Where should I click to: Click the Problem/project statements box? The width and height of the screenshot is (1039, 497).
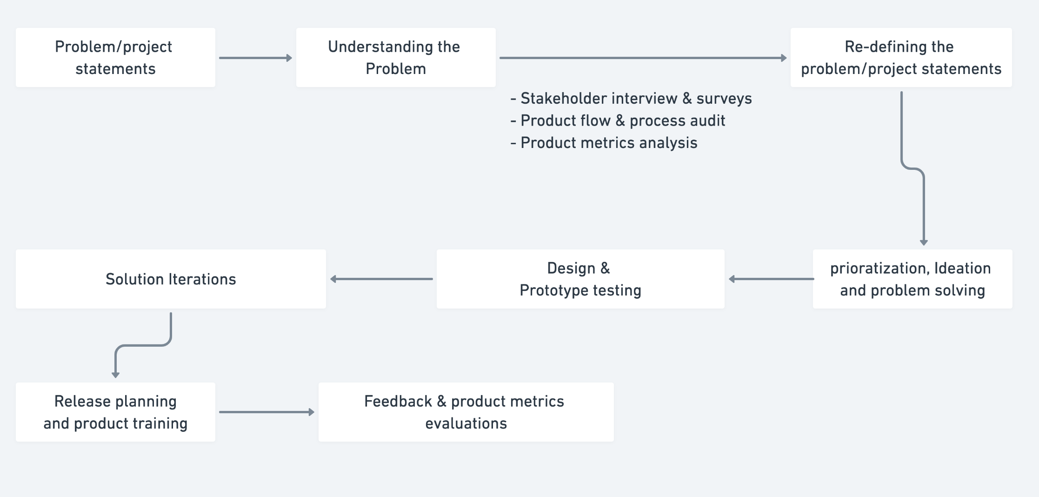pyautogui.click(x=115, y=57)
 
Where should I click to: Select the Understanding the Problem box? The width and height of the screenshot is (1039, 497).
pyautogui.click(x=396, y=57)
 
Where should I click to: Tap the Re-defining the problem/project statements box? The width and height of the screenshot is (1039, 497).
pyautogui.click(x=901, y=57)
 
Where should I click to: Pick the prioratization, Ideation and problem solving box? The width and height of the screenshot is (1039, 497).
pyautogui.click(x=912, y=279)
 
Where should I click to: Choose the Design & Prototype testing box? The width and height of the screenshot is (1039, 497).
pyautogui.click(x=580, y=279)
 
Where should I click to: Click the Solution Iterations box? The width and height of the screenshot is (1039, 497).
pyautogui.click(x=171, y=279)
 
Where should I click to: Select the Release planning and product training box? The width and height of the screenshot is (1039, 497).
pyautogui.click(x=115, y=412)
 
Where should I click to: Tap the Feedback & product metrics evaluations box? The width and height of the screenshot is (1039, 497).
pyautogui.click(x=466, y=412)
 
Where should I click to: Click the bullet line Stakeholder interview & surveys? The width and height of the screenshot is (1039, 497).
pyautogui.click(x=631, y=99)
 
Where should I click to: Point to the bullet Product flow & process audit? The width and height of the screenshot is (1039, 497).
pyautogui.click(x=618, y=121)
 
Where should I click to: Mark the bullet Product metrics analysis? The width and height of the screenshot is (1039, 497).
pyautogui.click(x=604, y=143)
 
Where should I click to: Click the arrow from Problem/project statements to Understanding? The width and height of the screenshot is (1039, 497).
pyautogui.click(x=256, y=58)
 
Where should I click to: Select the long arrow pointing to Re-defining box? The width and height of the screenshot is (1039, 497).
pyautogui.click(x=643, y=58)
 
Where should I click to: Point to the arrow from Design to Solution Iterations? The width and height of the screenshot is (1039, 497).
pyautogui.click(x=381, y=279)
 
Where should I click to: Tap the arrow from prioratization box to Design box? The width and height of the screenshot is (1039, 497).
pyautogui.click(x=771, y=279)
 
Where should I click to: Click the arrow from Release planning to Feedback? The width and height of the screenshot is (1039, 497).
pyautogui.click(x=267, y=412)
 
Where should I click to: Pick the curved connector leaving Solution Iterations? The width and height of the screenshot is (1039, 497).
pyautogui.click(x=143, y=345)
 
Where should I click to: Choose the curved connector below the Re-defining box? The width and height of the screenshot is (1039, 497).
pyautogui.click(x=912, y=168)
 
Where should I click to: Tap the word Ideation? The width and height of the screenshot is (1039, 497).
pyautogui.click(x=962, y=269)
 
